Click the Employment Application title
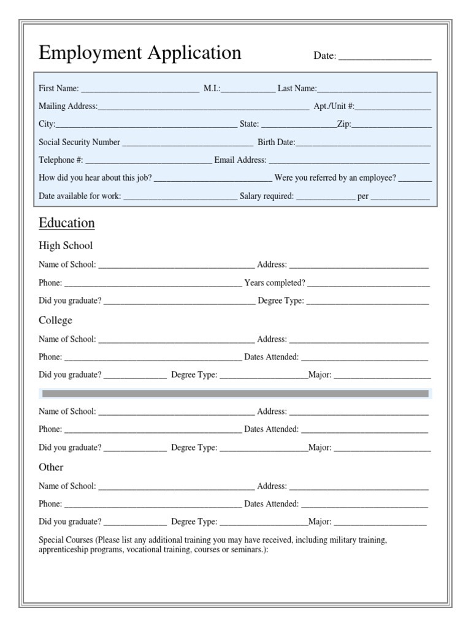(x=140, y=53)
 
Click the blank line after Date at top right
(x=385, y=57)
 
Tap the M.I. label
(x=212, y=89)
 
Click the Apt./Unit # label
(x=334, y=106)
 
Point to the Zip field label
(x=343, y=124)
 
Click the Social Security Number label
(x=79, y=142)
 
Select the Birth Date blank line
(x=363, y=144)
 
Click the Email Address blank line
(x=349, y=162)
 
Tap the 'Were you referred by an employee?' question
(x=335, y=178)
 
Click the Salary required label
(x=267, y=197)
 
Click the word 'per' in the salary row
(x=363, y=197)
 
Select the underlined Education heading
(x=67, y=223)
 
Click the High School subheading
(x=66, y=246)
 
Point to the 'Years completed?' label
(x=274, y=283)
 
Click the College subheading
(x=55, y=320)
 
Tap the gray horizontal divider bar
(x=235, y=394)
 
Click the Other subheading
(x=51, y=467)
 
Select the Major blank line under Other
(x=380, y=524)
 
